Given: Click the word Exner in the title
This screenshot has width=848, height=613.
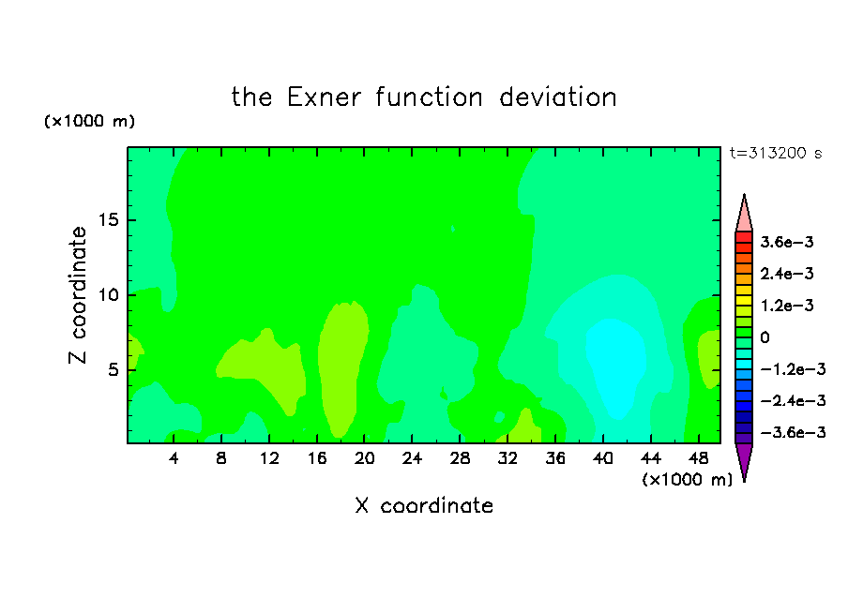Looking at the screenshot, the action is click(x=324, y=97).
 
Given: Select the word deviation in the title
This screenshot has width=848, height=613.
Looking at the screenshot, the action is click(x=557, y=97).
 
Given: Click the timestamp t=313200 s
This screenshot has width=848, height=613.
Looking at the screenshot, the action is click(x=776, y=153).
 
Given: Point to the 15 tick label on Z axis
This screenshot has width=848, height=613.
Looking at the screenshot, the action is click(x=108, y=220).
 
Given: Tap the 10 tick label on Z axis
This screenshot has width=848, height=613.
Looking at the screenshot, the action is click(x=108, y=294).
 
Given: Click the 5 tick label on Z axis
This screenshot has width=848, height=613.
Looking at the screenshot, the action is click(x=113, y=369).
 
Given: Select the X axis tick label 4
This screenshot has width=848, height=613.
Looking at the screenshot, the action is click(x=174, y=458).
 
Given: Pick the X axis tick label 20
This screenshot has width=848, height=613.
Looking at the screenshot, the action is click(x=365, y=458).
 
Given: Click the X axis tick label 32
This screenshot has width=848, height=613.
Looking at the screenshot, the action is click(x=507, y=458).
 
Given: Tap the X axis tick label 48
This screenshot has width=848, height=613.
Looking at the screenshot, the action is click(x=698, y=458).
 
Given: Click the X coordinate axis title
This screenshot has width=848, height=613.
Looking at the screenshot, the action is click(x=424, y=506).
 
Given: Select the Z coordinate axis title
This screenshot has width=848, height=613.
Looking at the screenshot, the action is click(x=78, y=295).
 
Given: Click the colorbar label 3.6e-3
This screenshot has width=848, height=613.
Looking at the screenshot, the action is click(x=787, y=242).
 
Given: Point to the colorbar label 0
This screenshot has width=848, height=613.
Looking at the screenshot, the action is click(x=765, y=337).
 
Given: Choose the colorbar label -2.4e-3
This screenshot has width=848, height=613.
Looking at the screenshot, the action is click(x=793, y=400).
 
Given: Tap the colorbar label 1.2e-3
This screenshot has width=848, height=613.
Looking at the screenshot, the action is click(x=787, y=306).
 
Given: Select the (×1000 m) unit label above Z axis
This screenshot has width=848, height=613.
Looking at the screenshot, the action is click(x=89, y=121).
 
